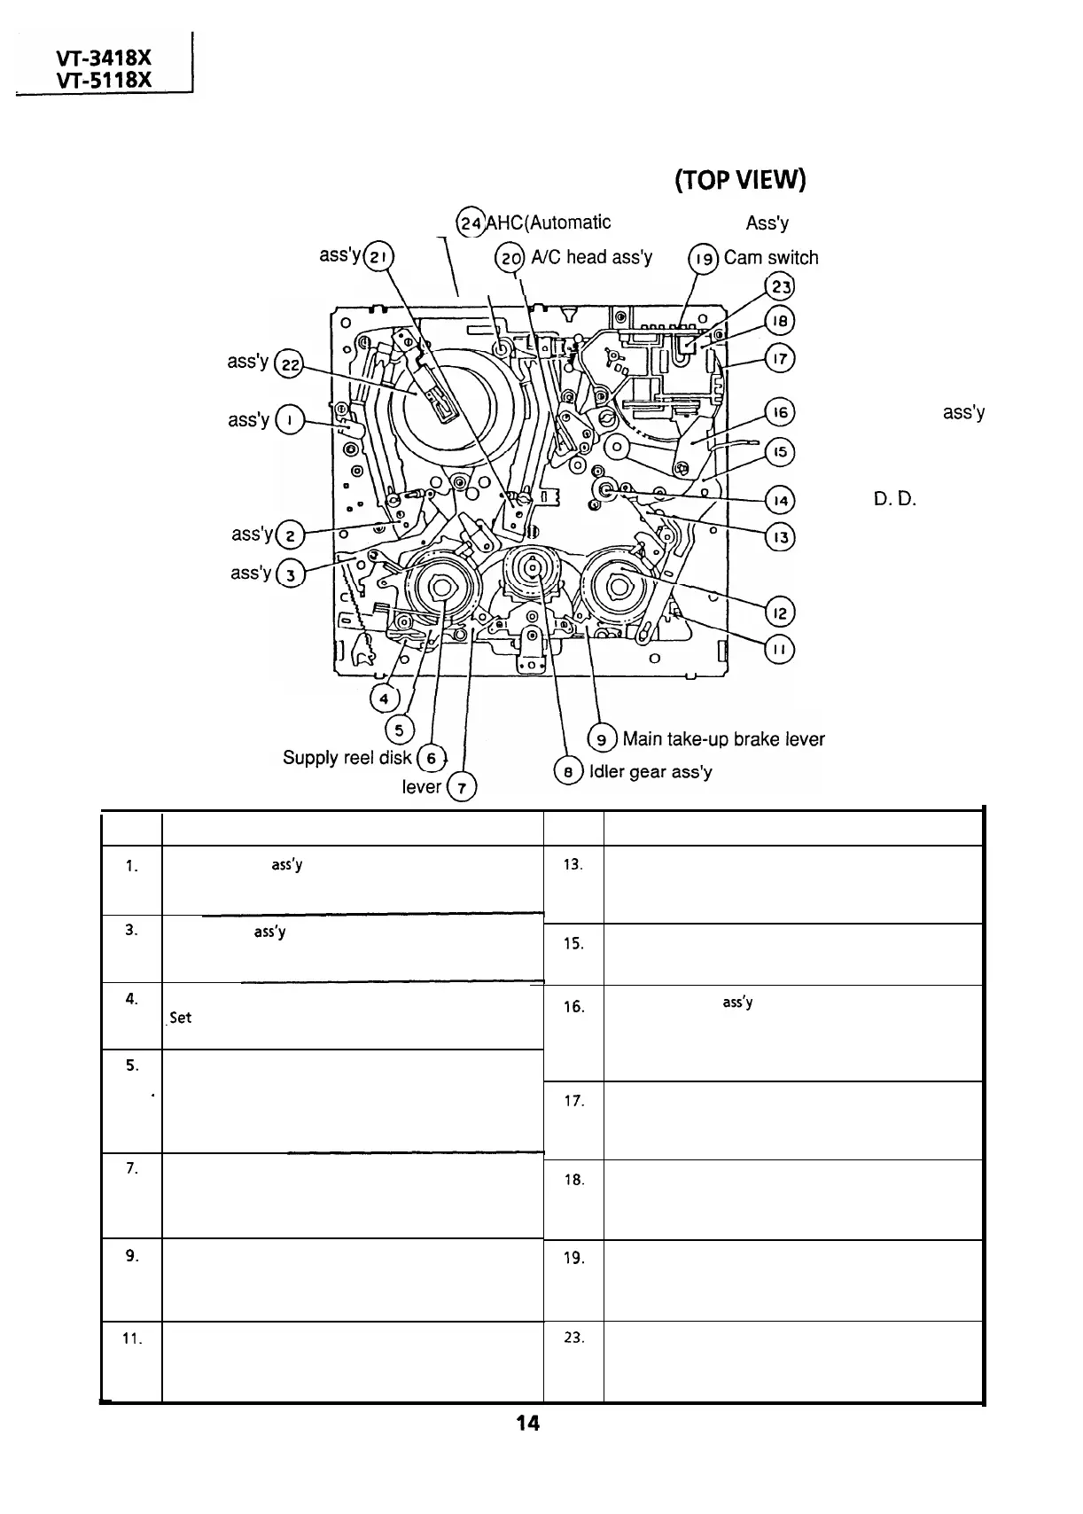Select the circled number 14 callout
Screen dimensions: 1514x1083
point(781,501)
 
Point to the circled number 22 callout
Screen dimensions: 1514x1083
point(288,363)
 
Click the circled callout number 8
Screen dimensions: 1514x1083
point(567,772)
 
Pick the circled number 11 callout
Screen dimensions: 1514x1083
point(780,650)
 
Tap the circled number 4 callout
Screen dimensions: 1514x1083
point(384,698)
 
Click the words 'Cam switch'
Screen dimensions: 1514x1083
point(771,258)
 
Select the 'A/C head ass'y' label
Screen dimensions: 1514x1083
point(591,257)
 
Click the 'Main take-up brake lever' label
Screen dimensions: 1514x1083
point(723,739)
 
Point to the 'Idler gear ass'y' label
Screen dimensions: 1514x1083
point(651,772)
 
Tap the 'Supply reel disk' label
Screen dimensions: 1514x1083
point(347,758)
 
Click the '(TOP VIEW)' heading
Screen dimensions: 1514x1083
point(740,182)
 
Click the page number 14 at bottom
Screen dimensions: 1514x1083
point(527,1448)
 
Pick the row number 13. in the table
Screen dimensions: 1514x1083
point(573,864)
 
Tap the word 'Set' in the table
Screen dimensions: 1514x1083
point(181,1018)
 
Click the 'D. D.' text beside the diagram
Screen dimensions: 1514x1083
point(893,499)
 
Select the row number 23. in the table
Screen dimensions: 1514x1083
point(573,1338)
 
